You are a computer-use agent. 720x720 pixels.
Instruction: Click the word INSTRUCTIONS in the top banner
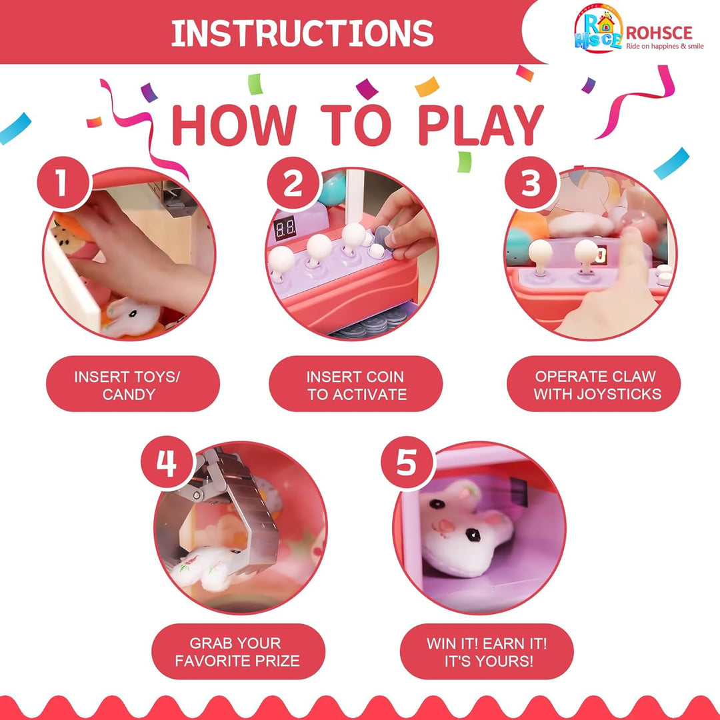[x=302, y=33]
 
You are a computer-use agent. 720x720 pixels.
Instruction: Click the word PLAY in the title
[x=481, y=125]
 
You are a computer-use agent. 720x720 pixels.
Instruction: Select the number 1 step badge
[x=63, y=183]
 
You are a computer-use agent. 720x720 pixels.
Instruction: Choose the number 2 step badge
[x=293, y=184]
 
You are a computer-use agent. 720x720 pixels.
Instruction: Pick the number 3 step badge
[x=531, y=183]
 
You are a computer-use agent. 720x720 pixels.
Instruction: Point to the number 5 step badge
[x=407, y=463]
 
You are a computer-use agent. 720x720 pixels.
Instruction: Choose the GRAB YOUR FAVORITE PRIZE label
[x=238, y=651]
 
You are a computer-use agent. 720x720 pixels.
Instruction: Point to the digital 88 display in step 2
[x=285, y=228]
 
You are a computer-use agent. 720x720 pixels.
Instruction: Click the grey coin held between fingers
[x=383, y=237]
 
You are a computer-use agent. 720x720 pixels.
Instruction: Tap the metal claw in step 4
[x=229, y=510]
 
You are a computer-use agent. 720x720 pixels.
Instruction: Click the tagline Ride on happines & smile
[x=665, y=46]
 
